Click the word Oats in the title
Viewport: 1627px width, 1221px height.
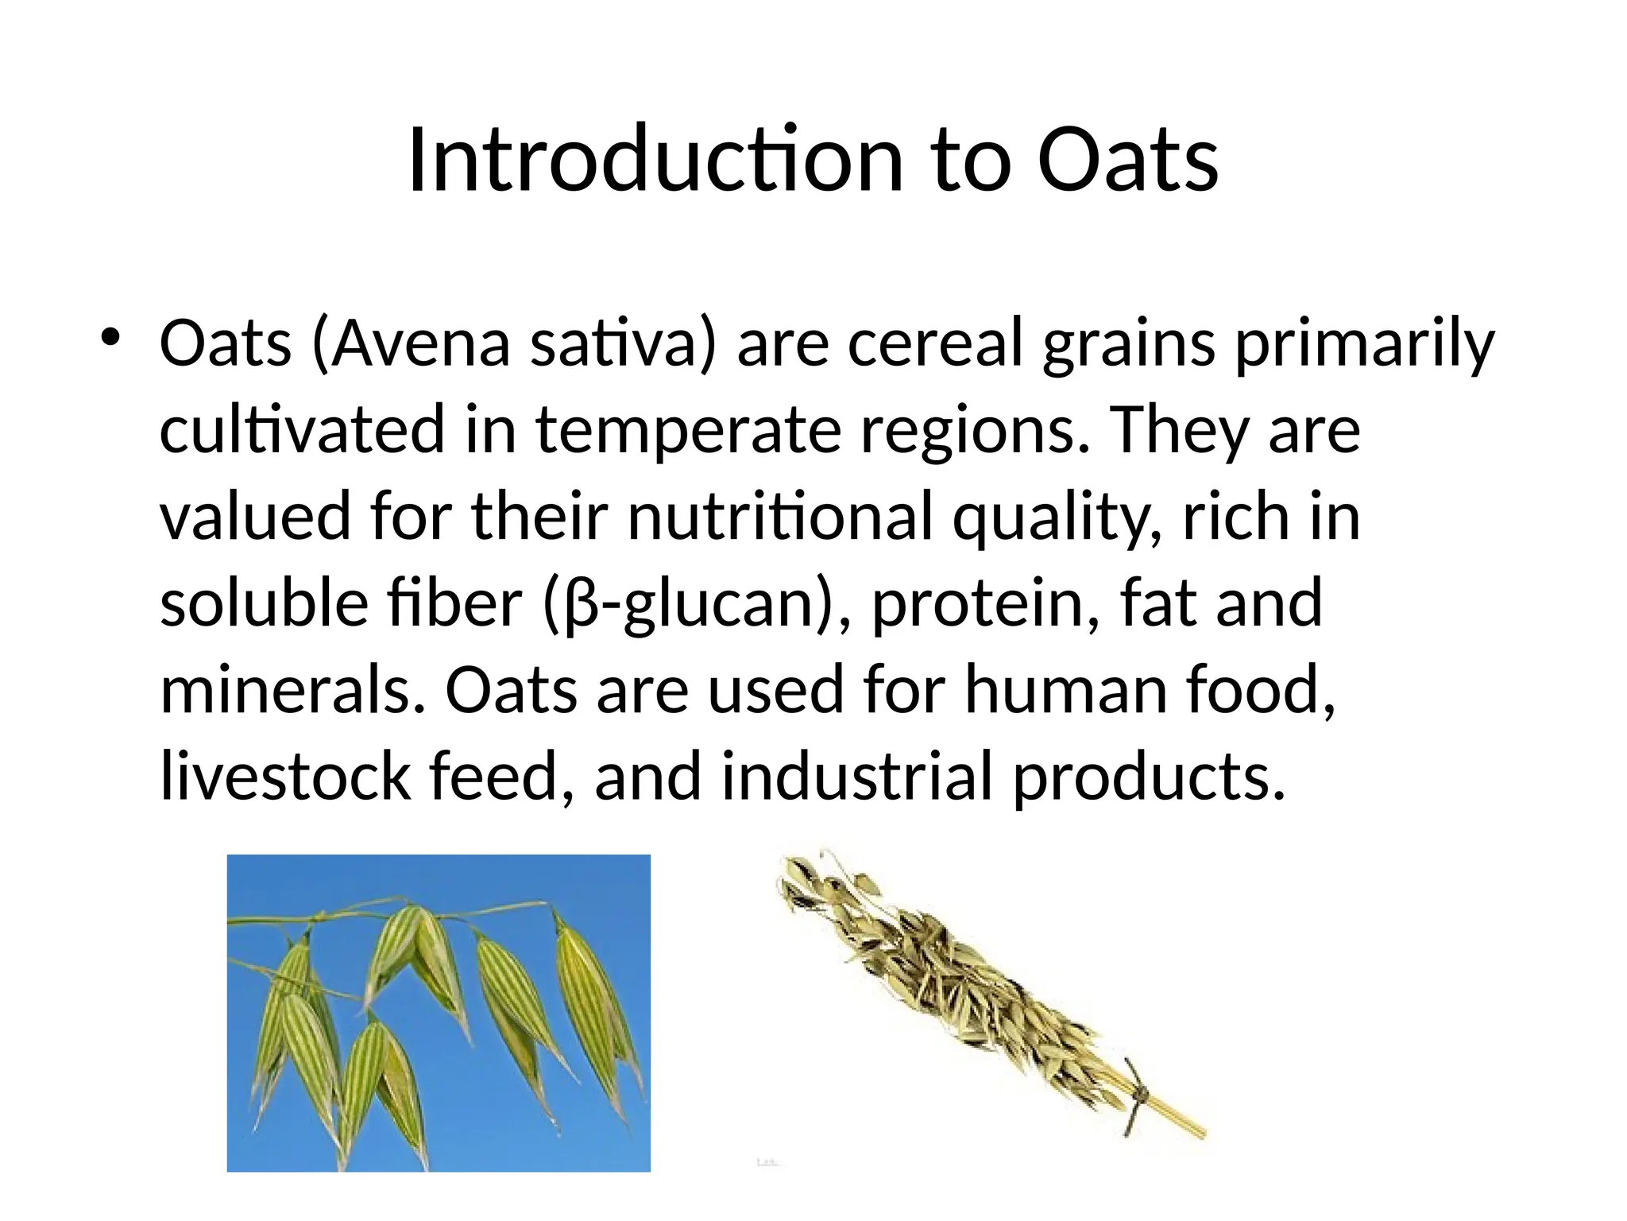pos(1128,161)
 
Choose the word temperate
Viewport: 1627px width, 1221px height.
pos(688,430)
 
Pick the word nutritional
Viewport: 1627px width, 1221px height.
pos(779,517)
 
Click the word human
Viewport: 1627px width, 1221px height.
pos(1065,689)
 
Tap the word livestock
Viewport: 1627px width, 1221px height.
pos(284,776)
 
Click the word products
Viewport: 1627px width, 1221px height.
pos(1149,776)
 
